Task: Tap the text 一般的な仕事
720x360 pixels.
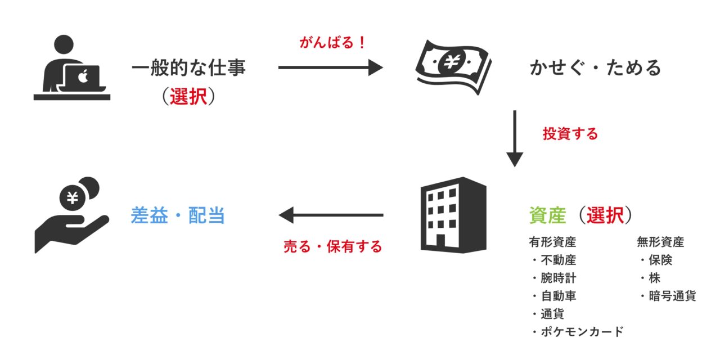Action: point(189,68)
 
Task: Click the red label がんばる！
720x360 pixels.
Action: point(332,43)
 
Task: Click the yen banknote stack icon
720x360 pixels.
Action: point(453,66)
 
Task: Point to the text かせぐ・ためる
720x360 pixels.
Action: point(596,68)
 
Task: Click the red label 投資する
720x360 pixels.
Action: point(570,134)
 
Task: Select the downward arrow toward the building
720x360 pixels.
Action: point(515,138)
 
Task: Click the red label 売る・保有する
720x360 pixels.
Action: point(332,246)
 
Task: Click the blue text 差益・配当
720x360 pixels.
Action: point(178,215)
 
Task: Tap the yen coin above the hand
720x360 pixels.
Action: point(73,197)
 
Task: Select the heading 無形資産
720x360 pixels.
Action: point(660,242)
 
